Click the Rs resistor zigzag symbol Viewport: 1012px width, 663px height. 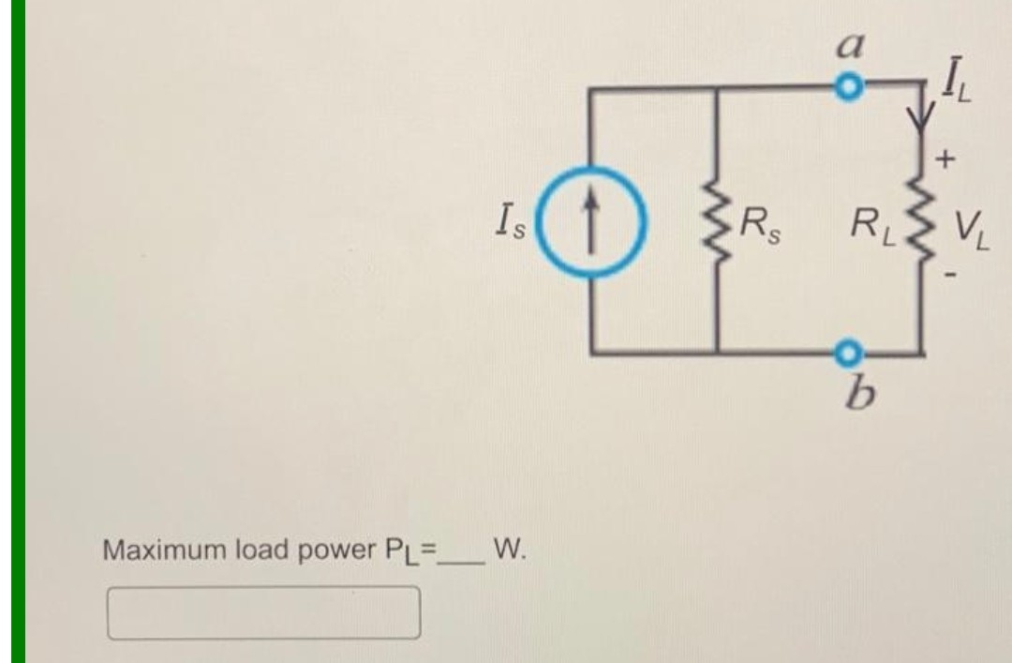tap(717, 224)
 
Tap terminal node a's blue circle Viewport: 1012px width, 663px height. tap(847, 88)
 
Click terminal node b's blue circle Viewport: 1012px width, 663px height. tap(847, 353)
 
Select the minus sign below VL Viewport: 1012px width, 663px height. tap(948, 275)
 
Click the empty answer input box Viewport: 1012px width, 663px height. tap(263, 612)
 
